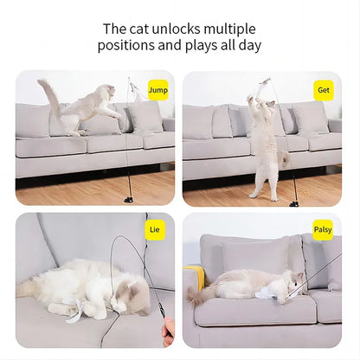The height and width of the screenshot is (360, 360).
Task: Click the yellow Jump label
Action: (x=157, y=89)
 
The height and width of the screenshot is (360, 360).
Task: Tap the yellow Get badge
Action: (x=324, y=89)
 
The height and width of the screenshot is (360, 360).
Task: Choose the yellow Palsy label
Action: (x=323, y=230)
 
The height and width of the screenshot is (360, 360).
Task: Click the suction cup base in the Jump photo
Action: (x=129, y=198)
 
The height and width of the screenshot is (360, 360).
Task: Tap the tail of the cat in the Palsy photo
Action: (x=196, y=296)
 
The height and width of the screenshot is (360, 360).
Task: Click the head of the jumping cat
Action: (x=106, y=93)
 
